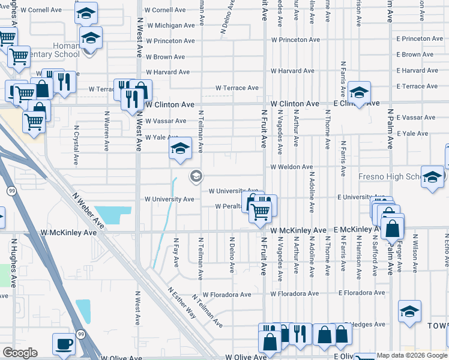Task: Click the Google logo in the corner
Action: (20, 353)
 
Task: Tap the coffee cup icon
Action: (64, 344)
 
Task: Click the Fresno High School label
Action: (391, 177)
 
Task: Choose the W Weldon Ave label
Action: (292, 167)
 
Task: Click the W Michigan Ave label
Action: (170, 26)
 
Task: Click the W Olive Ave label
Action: (247, 356)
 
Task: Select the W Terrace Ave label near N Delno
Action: (238, 88)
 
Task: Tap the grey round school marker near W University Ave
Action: (195, 176)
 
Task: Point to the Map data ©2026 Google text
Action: (412, 355)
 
